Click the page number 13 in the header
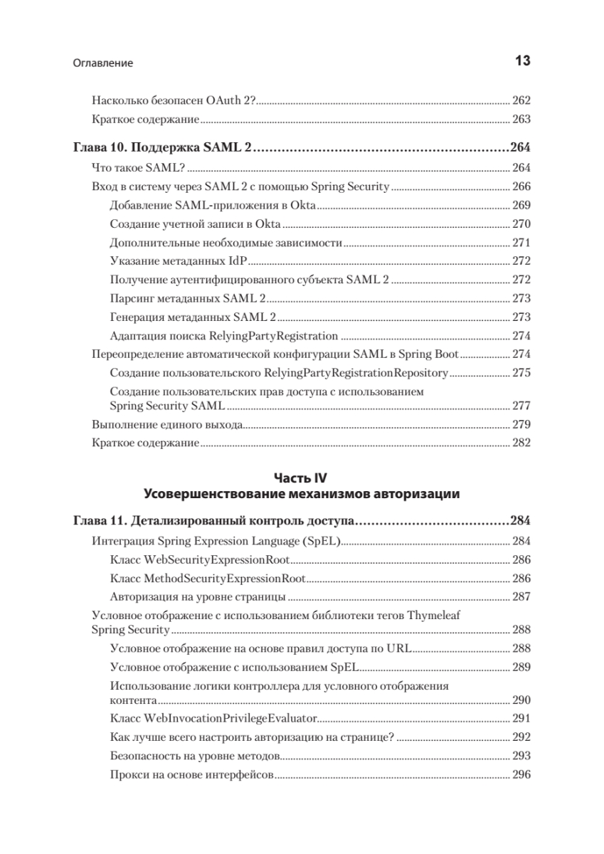point(522,62)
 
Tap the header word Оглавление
point(103,63)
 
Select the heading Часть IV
point(302,478)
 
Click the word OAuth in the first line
point(223,100)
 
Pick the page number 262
point(521,100)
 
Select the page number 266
point(521,186)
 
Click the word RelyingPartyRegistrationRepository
point(355,372)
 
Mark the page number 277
point(521,406)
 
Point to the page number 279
point(521,425)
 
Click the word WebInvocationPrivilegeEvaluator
point(232,719)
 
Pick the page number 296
point(521,774)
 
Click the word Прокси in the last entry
point(129,774)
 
